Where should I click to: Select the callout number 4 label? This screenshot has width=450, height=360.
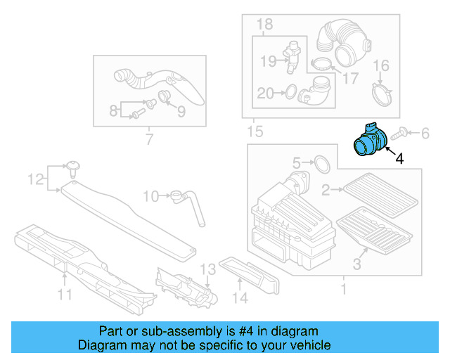click(399, 160)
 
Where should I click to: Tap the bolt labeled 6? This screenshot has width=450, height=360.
click(403, 131)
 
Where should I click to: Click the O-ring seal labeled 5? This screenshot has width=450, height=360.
click(321, 164)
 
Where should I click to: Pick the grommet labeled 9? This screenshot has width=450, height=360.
click(166, 96)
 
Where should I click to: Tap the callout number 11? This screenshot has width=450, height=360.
click(65, 295)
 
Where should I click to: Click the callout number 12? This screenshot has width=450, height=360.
click(35, 180)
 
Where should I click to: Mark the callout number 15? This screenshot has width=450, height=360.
click(252, 131)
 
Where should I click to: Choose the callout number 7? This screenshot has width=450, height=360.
click(148, 139)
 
